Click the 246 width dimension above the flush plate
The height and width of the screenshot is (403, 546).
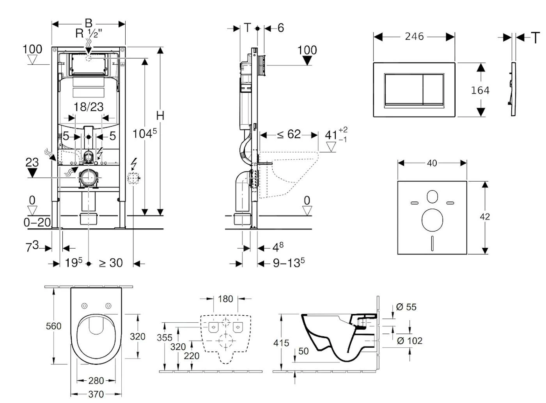click(x=414, y=36)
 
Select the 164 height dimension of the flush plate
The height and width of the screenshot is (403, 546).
click(x=480, y=90)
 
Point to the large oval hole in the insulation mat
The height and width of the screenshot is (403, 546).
click(x=432, y=219)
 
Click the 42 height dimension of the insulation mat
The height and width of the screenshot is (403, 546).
click(x=485, y=217)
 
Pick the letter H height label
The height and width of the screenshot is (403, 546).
click(x=160, y=115)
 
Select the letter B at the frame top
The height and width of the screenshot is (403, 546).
click(x=89, y=23)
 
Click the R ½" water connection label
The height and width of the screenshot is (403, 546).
click(x=89, y=34)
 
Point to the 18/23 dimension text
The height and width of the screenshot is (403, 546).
click(x=89, y=107)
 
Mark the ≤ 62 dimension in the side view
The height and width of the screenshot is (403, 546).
click(x=289, y=134)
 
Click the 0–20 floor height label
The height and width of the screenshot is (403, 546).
click(x=37, y=222)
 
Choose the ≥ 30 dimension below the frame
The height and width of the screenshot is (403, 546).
click(x=111, y=263)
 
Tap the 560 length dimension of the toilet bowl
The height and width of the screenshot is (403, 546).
click(x=53, y=326)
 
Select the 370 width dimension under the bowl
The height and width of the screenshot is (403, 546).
click(x=96, y=394)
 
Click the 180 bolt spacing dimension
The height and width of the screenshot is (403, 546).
click(x=225, y=299)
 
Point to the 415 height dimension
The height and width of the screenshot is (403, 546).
click(x=281, y=343)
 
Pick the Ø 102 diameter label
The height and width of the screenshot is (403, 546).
click(x=409, y=341)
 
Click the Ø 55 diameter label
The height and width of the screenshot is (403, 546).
click(x=406, y=307)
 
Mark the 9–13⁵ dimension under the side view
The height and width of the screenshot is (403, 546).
click(x=289, y=263)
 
